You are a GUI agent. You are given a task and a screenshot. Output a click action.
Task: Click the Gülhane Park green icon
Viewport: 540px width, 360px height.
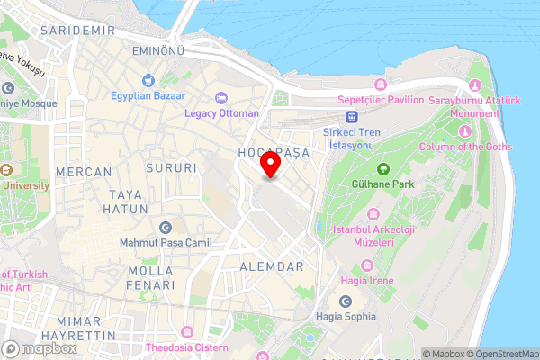pos(382,168)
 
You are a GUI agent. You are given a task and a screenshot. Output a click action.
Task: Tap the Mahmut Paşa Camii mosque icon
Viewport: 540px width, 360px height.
pos(165,228)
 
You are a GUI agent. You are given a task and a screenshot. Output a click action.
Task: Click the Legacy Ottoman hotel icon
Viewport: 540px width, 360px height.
pos(221,97)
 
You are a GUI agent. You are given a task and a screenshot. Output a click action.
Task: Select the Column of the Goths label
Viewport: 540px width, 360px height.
pos(466,147)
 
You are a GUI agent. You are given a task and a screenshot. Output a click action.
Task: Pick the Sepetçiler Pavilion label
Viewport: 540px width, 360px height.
pos(381,99)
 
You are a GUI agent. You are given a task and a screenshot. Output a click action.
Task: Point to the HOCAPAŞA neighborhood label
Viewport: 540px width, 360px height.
pos(273,153)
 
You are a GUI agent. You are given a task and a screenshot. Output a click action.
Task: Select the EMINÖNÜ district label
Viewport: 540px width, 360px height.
pos(157,50)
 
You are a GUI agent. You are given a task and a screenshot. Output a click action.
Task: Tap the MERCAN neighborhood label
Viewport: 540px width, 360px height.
pos(83,171)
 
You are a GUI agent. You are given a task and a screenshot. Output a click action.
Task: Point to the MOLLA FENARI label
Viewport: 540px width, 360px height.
pos(151,277)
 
